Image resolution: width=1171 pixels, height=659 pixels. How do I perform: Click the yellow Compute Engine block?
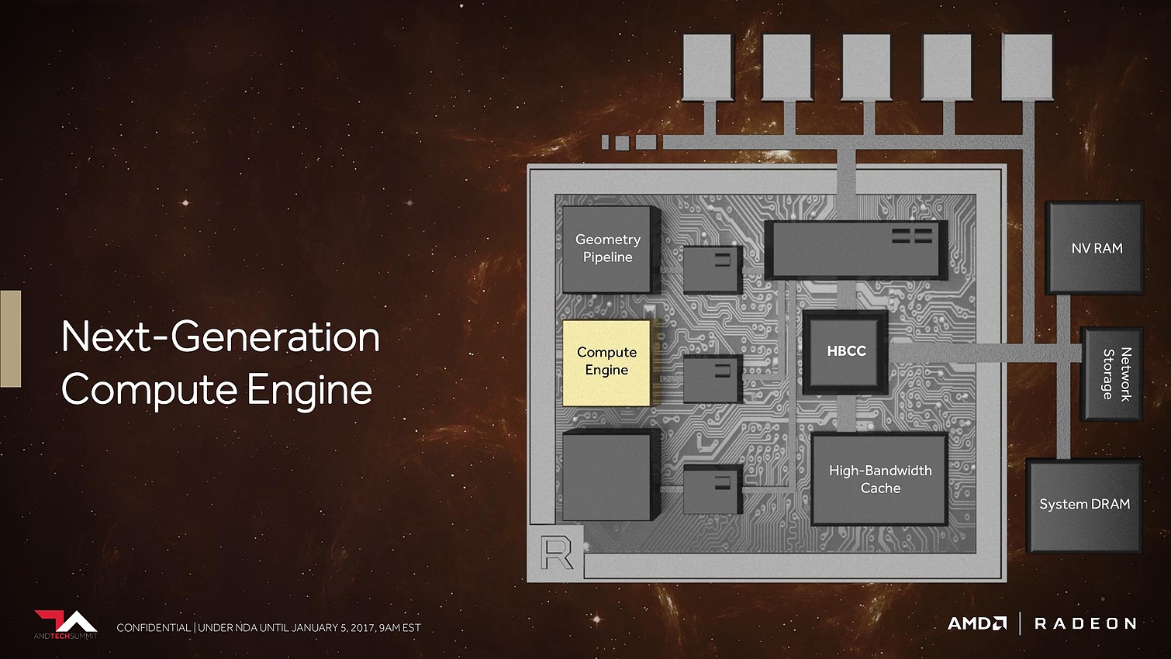(x=606, y=362)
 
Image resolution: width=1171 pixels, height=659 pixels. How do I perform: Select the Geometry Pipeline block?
(x=607, y=249)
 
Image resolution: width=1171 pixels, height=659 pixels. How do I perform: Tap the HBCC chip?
(x=846, y=351)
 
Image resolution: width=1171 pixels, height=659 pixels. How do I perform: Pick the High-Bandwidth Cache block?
(x=880, y=479)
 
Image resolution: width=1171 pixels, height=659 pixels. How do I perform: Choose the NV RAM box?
(x=1096, y=248)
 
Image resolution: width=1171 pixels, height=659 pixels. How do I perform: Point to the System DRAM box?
(x=1084, y=505)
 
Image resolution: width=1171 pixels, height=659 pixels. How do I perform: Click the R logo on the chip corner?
(x=557, y=554)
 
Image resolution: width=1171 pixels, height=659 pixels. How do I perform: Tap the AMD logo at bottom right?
(x=976, y=623)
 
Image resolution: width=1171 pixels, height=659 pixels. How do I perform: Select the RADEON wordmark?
(x=1085, y=623)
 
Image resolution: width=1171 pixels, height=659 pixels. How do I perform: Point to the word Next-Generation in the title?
(x=220, y=337)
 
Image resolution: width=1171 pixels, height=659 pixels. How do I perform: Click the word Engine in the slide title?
(x=309, y=390)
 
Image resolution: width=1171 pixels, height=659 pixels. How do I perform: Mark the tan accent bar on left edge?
(x=10, y=338)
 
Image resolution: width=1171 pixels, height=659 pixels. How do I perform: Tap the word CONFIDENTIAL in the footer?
(x=154, y=628)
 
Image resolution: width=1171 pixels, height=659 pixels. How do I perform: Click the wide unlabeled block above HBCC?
(x=855, y=250)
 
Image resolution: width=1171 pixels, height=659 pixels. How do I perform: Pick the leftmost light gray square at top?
(x=707, y=67)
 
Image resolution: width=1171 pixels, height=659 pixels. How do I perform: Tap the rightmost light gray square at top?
(x=1027, y=67)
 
